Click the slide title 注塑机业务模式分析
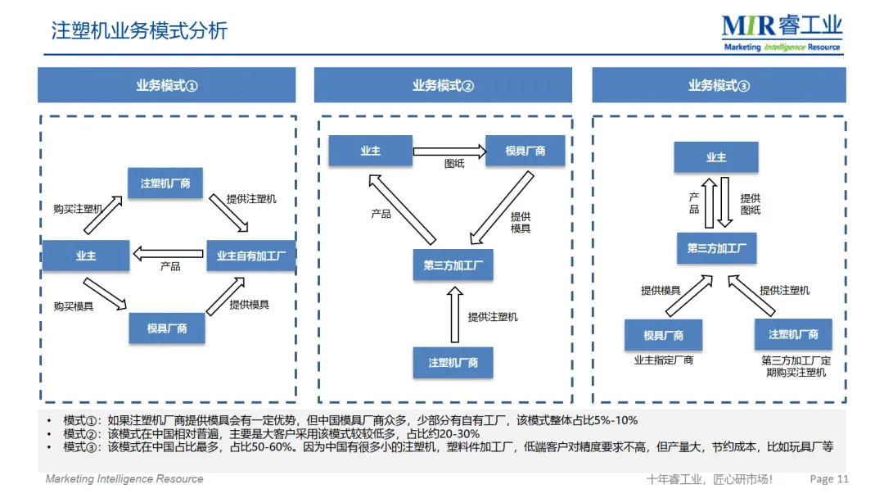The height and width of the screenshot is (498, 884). [x=139, y=31]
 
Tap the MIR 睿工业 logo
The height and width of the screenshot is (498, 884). [x=781, y=33]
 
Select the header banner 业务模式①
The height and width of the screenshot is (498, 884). [x=167, y=85]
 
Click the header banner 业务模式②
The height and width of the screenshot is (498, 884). [x=443, y=85]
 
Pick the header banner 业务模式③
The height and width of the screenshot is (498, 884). [x=719, y=85]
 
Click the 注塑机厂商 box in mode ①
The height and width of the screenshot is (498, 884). [x=165, y=183]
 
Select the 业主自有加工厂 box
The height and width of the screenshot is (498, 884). [x=251, y=256]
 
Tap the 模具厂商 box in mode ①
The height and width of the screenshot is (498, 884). [x=167, y=328]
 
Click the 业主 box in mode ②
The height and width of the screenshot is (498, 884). [x=370, y=151]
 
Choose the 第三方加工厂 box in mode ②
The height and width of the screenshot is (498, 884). [x=453, y=265]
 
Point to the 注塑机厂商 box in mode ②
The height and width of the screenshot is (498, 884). [x=453, y=361]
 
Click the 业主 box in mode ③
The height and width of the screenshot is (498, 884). [x=716, y=156]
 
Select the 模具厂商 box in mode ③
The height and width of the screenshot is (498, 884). [x=663, y=335]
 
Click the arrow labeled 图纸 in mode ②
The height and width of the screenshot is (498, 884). [x=449, y=151]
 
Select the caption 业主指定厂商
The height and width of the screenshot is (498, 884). [x=663, y=360]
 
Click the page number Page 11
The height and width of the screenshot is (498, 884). [x=828, y=479]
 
